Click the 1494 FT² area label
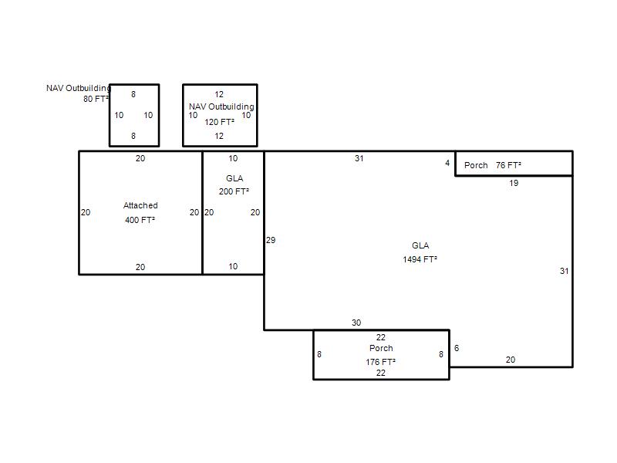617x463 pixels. coord(420,259)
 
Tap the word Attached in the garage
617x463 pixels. coord(140,205)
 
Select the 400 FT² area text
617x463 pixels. coord(140,220)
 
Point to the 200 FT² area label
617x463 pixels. coord(234,191)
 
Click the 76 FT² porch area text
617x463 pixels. coord(508,165)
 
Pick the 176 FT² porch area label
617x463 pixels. coord(380,362)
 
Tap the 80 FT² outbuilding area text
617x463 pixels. coord(96,99)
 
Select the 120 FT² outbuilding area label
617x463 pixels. coord(219,122)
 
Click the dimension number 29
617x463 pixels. coord(271,240)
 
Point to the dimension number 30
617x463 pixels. coord(356,323)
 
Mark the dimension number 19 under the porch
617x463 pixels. coord(514,183)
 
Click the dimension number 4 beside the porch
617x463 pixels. coord(447,163)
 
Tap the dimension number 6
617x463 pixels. coord(457,348)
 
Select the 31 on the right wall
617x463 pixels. coord(565,272)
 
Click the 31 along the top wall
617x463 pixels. coord(359,159)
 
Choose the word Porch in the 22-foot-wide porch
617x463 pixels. coord(381,349)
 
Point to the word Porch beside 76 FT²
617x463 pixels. coord(476,165)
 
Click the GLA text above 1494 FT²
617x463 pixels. coord(420,245)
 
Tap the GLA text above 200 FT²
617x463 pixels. coord(234,178)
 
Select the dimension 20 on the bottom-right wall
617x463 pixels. coord(511,360)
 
